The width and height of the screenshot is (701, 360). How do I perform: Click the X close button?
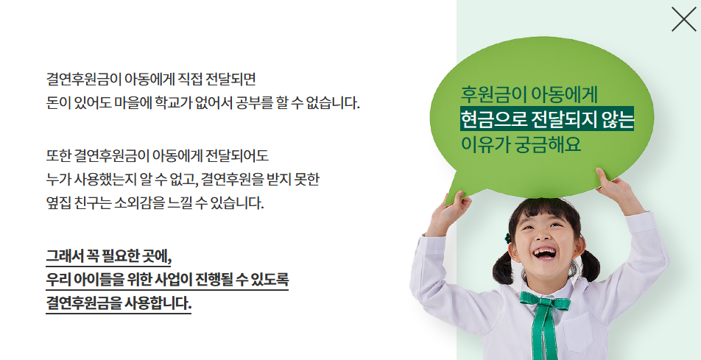[x=684, y=19]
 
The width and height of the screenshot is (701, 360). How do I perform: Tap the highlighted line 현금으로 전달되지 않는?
[x=547, y=119]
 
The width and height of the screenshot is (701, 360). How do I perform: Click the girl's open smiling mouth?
[x=544, y=254]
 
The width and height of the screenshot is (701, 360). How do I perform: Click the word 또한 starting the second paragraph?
[x=58, y=155]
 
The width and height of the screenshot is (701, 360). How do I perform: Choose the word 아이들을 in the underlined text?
[x=104, y=280]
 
